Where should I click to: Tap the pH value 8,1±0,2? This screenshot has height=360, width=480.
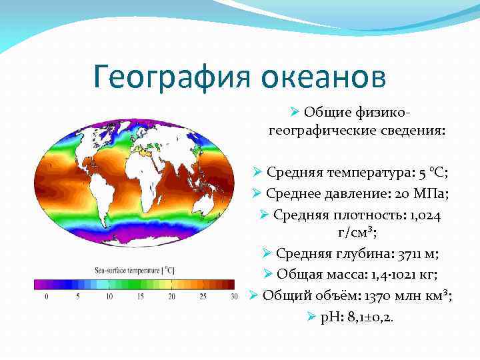click(368, 317)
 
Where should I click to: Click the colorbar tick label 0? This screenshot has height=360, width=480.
click(46, 297)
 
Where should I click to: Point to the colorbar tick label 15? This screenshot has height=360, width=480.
click(141, 297)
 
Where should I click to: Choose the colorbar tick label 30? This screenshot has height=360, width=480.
click(233, 297)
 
